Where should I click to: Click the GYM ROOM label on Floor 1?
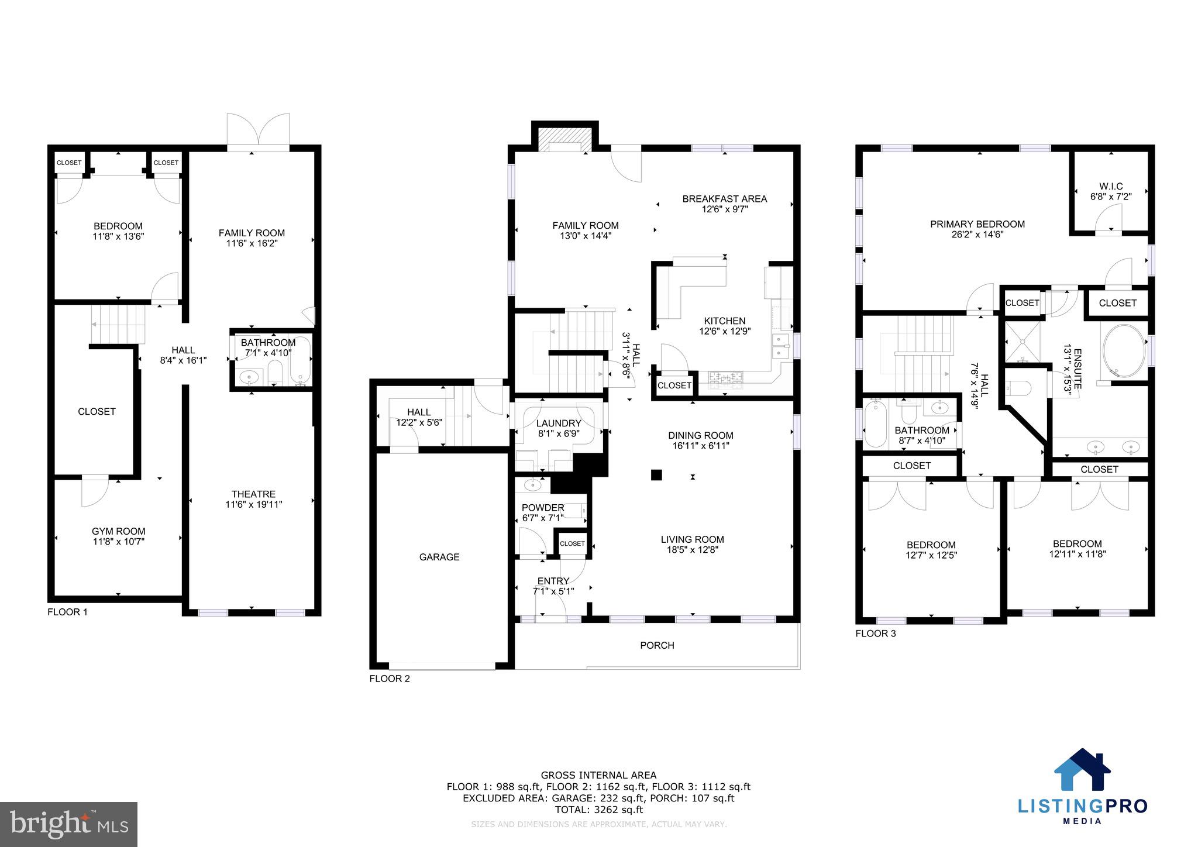tap(118, 531)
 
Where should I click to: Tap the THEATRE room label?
tap(253, 494)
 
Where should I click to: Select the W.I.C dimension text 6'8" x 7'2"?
tap(1111, 197)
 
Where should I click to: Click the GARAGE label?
tap(439, 557)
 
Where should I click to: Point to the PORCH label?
tap(657, 645)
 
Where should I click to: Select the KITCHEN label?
tap(725, 321)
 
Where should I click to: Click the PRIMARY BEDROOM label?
tap(977, 224)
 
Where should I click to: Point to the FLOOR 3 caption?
tap(876, 633)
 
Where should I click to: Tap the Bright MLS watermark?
tap(69, 824)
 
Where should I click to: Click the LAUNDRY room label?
tap(559, 423)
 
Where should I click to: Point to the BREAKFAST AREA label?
tap(725, 199)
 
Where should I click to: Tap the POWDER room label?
tap(543, 508)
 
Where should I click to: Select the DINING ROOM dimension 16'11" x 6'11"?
tap(701, 446)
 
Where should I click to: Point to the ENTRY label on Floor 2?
tap(553, 581)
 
